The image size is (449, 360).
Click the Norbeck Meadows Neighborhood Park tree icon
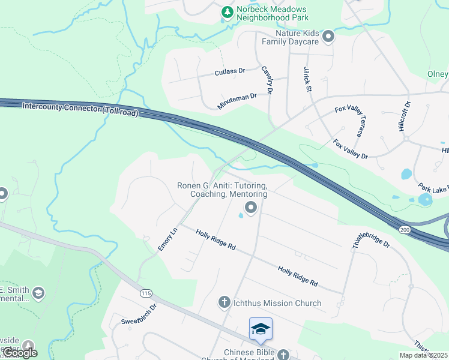click(228, 11)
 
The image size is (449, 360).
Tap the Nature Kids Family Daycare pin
click(328, 38)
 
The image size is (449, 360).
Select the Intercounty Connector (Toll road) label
click(80, 109)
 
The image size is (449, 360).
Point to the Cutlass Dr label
click(230, 72)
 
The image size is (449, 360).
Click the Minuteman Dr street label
click(237, 101)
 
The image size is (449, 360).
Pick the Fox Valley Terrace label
click(349, 122)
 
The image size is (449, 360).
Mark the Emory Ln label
click(169, 239)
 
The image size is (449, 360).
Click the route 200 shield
click(402, 229)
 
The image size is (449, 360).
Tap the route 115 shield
click(146, 293)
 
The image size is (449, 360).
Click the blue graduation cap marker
click(261, 329)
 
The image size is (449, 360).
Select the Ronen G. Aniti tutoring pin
click(250, 208)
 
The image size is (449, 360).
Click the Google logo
click(20, 352)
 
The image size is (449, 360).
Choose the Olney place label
click(438, 74)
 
